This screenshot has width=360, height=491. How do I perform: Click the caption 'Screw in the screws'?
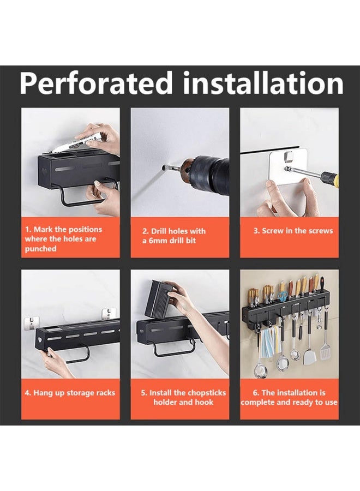click(x=293, y=231)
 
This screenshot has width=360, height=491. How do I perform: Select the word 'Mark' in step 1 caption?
click(x=44, y=229)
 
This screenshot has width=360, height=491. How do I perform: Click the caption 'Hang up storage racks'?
click(x=70, y=393)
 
